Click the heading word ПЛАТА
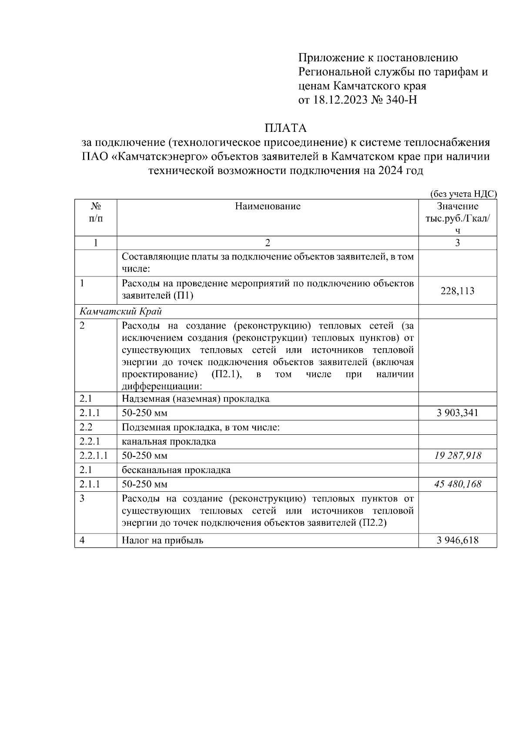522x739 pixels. [x=285, y=128]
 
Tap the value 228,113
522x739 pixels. [x=457, y=290]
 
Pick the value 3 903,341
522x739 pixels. [x=457, y=413]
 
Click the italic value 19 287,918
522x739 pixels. [x=457, y=456]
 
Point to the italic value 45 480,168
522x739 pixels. [x=457, y=484]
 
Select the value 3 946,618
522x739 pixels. [x=457, y=540]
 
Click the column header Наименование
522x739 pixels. [x=268, y=206]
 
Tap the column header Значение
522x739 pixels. [x=457, y=206]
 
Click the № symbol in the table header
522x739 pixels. [x=96, y=206]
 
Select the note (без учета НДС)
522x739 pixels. [x=463, y=194]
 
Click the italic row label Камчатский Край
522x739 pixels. [x=120, y=311]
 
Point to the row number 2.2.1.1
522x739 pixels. [x=94, y=456]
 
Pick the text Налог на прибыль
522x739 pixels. [x=162, y=540]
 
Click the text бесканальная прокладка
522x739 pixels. [x=176, y=470]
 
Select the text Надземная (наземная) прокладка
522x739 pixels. [x=195, y=398]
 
